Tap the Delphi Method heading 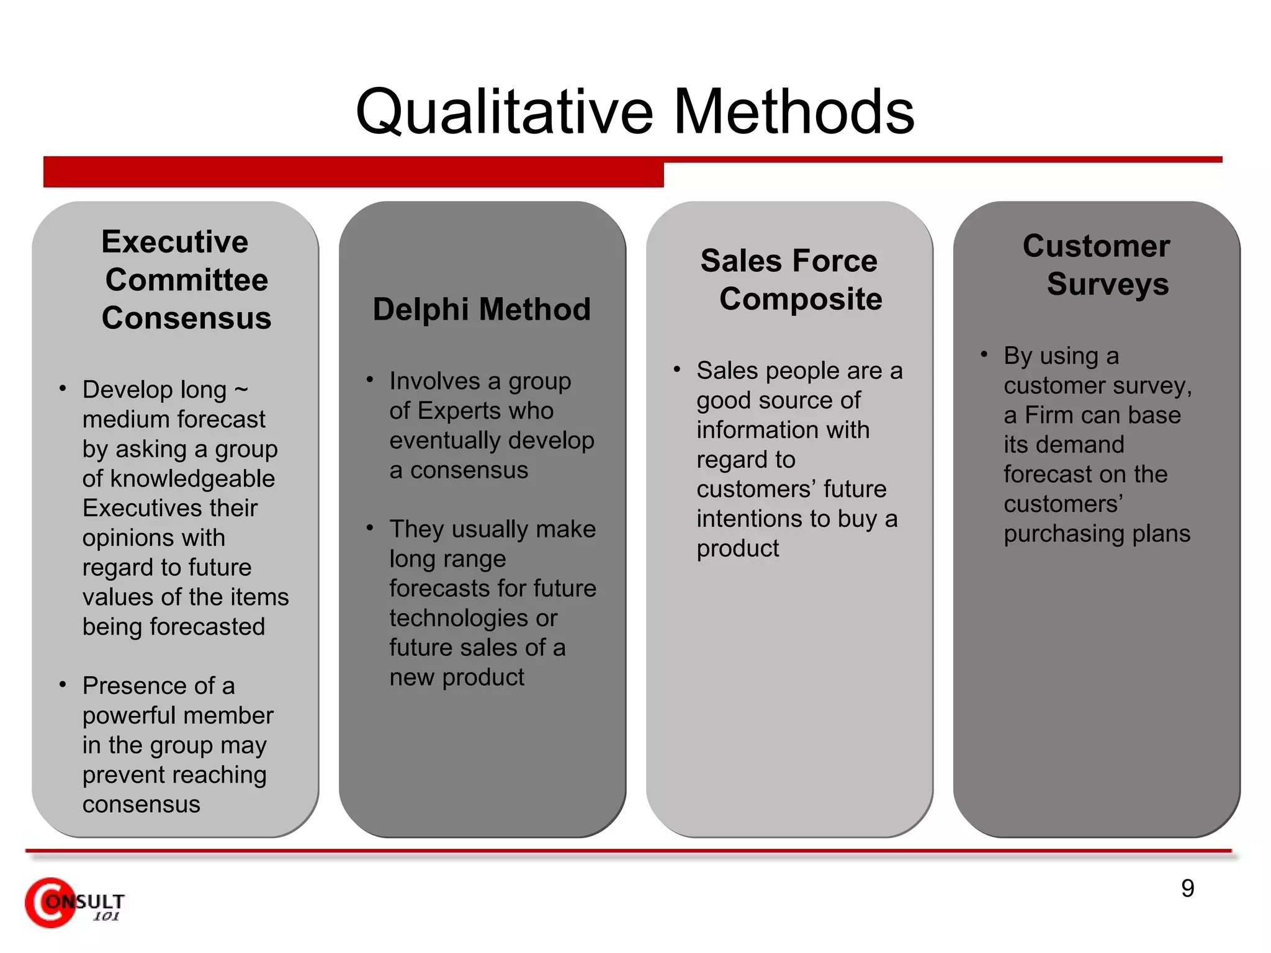[482, 309]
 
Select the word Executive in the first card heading [174, 241]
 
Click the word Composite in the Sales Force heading [801, 299]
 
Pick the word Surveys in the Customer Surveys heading [1108, 284]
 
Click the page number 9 [1187, 888]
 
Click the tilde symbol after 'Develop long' [241, 390]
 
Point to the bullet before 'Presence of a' [63, 685]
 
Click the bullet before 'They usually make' [370, 528]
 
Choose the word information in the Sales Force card [783, 430]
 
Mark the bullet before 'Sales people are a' [677, 370]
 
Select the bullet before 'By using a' [984, 355]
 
